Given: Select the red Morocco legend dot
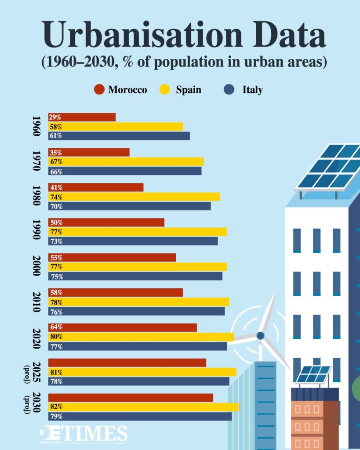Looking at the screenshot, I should (x=99, y=90).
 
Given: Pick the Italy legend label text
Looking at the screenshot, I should (x=252, y=90).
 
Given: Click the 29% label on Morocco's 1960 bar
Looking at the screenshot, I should (x=55, y=117).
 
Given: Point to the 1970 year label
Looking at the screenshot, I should (x=37, y=161).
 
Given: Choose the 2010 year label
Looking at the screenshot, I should (x=37, y=301).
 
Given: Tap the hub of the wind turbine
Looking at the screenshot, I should (x=260, y=336).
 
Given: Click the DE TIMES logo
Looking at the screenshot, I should (x=84, y=434).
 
